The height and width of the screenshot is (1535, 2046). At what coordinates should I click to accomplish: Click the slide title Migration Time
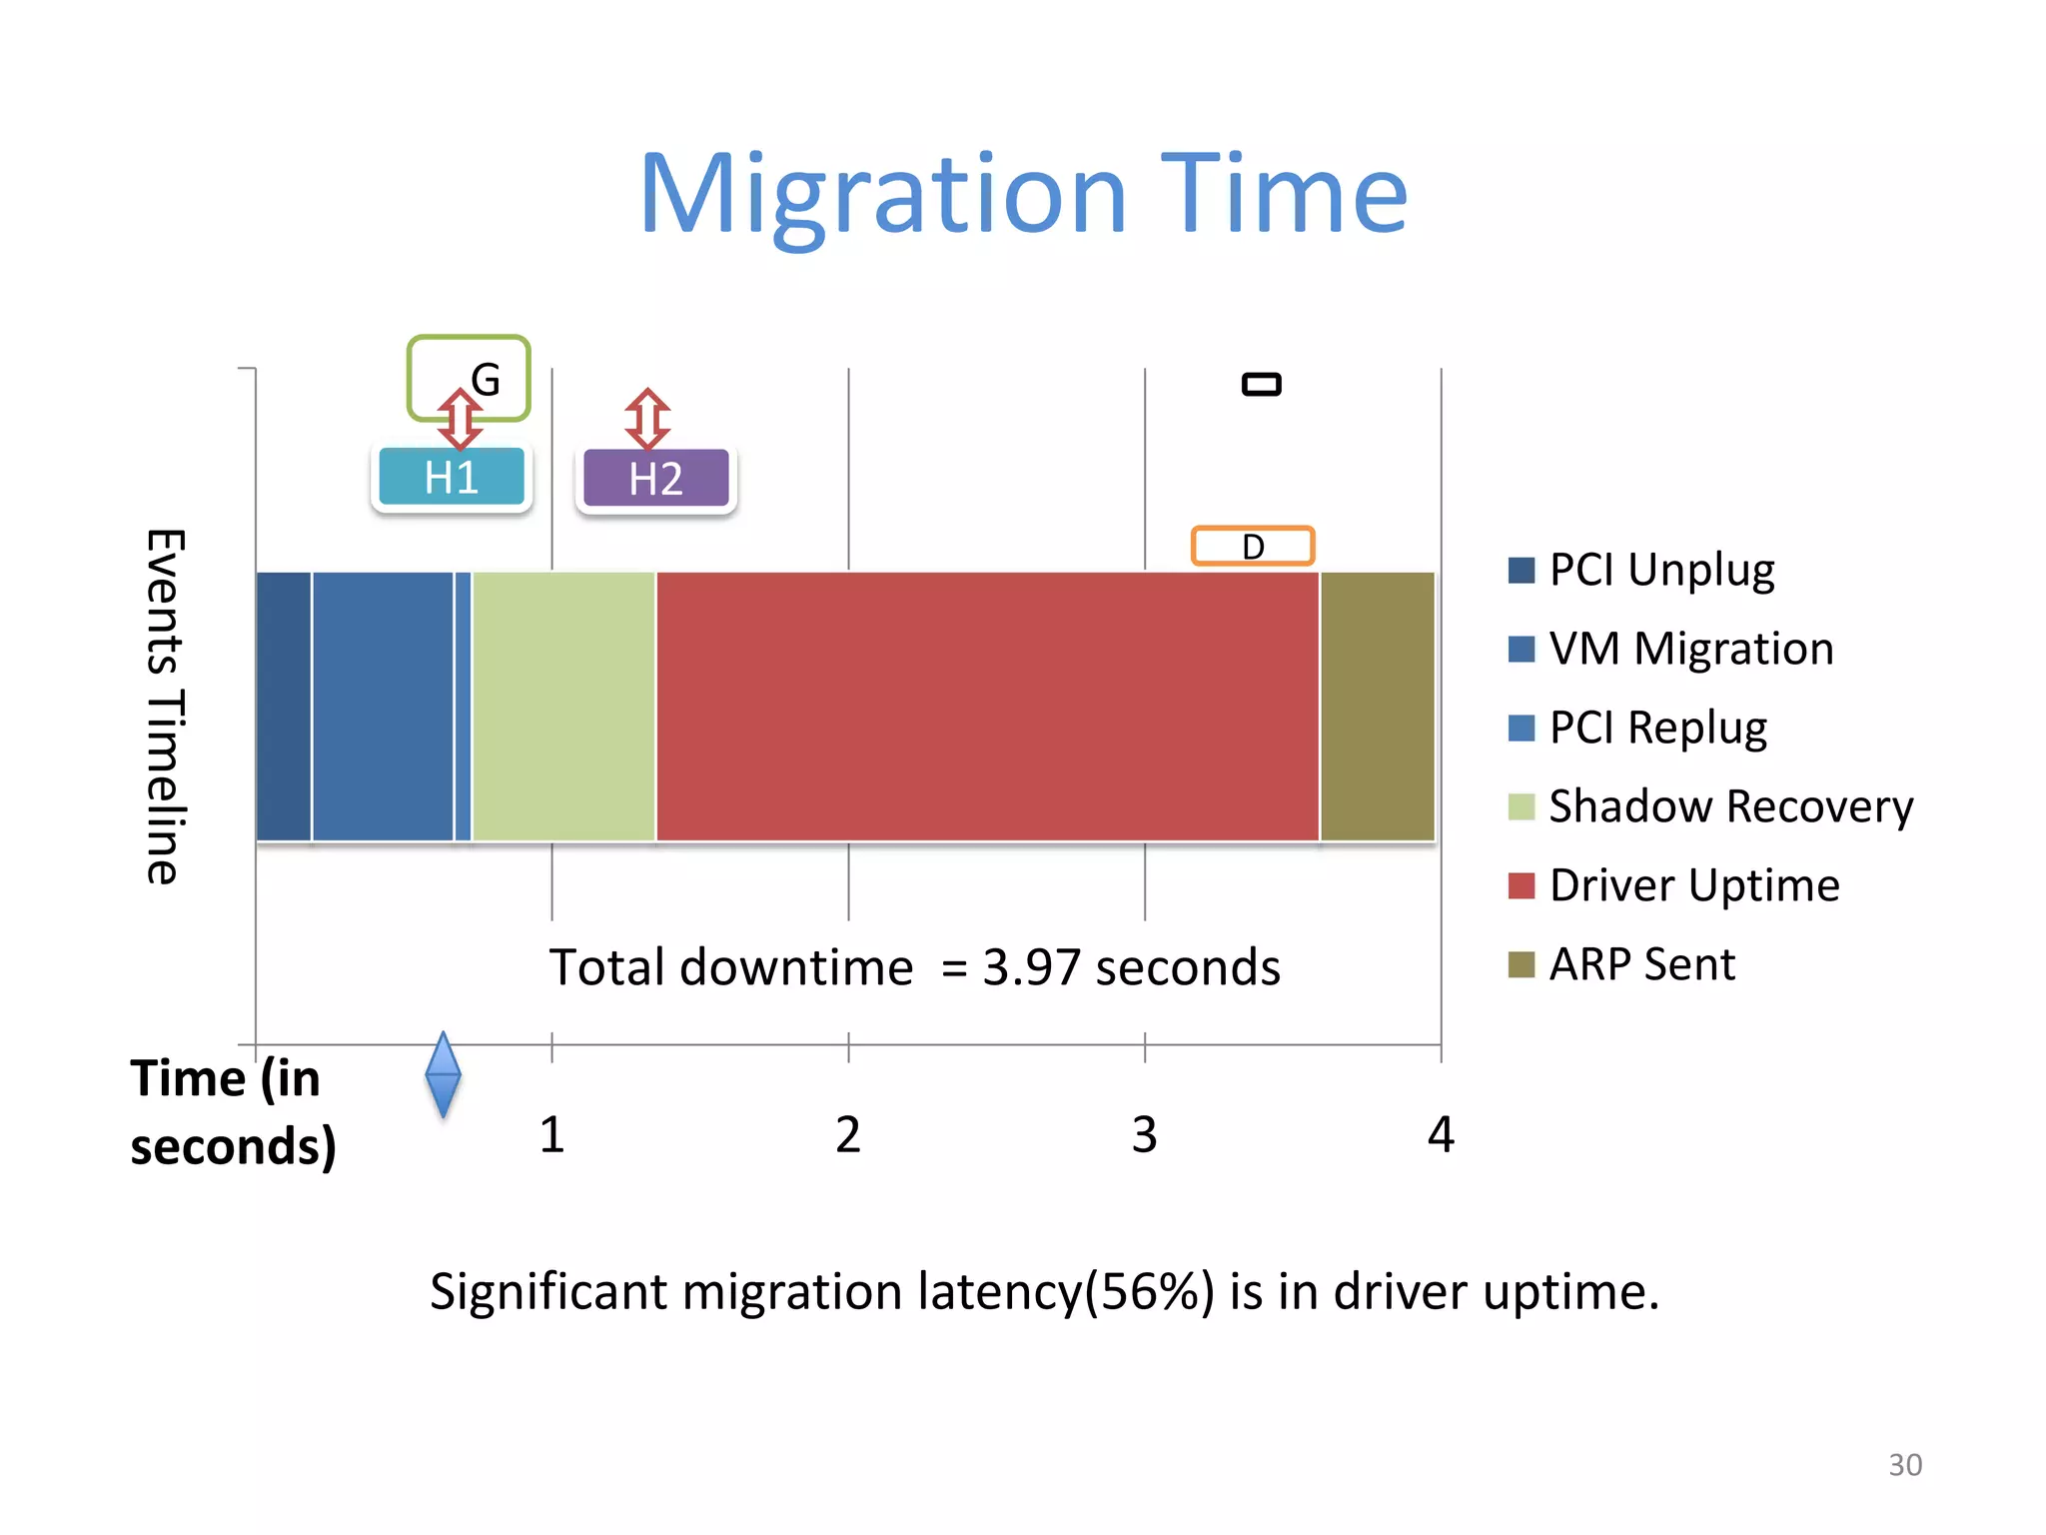[x=1023, y=195]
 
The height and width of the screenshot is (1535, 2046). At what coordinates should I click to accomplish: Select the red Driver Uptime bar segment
[x=987, y=707]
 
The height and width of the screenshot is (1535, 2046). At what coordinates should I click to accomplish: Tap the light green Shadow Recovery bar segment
[x=563, y=707]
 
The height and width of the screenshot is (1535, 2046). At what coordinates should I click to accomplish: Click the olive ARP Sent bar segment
[x=1377, y=707]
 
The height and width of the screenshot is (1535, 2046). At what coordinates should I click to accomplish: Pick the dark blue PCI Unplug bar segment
[x=284, y=707]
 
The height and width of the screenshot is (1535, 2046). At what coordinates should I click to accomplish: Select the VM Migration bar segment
[x=383, y=707]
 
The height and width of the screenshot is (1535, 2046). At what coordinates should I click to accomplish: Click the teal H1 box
[x=452, y=478]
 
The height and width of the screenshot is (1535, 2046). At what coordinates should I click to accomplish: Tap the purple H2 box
[x=656, y=479]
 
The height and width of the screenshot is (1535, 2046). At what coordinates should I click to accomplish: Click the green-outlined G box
[x=470, y=377]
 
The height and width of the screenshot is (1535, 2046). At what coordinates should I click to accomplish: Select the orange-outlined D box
[x=1253, y=547]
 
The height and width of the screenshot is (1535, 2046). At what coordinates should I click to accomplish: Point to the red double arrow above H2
[x=647, y=419]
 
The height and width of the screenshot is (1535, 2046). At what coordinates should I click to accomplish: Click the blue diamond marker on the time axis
[x=443, y=1074]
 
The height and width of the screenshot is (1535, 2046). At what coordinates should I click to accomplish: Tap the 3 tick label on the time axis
[x=1144, y=1135]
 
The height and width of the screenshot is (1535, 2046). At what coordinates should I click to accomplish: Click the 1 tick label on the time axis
[x=552, y=1135]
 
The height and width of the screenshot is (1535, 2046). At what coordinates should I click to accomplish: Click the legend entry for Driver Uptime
[x=1693, y=885]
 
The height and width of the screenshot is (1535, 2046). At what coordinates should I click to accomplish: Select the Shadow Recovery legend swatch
[x=1521, y=806]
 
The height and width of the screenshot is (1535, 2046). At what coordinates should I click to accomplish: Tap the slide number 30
[x=1904, y=1464]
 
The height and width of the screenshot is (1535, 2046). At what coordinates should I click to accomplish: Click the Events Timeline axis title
[x=165, y=707]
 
